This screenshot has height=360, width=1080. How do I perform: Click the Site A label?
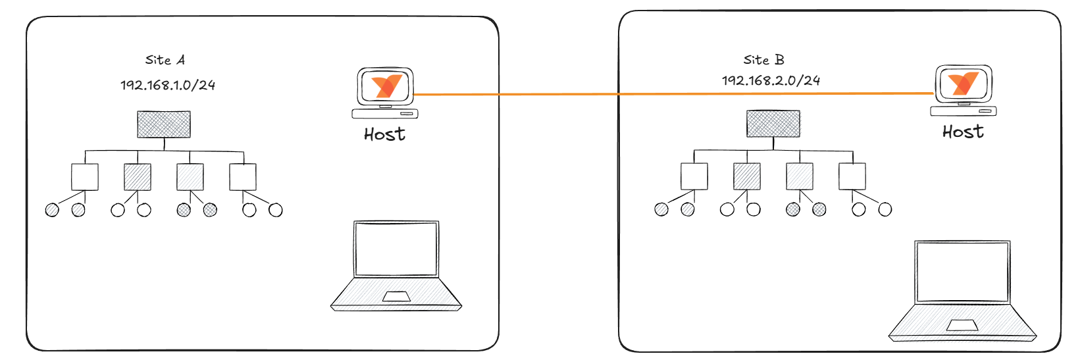165,60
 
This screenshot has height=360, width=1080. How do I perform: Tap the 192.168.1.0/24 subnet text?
168,85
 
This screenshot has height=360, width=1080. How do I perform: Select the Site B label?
763,60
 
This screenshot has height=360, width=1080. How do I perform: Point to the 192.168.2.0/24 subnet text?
771,80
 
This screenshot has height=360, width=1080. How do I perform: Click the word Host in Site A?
384,134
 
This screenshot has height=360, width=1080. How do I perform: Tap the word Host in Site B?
963,132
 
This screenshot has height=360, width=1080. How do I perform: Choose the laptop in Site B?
962,290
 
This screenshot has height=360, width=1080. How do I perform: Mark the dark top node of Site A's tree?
164,124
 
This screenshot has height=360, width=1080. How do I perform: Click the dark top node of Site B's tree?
773,124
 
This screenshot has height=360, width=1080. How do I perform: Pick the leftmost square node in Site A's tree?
85,177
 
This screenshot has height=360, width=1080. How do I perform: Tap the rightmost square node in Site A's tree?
243,177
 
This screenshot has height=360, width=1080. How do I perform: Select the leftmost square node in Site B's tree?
694,176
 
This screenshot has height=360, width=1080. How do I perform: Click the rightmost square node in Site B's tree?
852,176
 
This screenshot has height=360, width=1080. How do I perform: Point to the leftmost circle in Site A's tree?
52,210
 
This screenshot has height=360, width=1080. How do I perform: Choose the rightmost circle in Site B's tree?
885,209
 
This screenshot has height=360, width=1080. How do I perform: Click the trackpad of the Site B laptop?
962,325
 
